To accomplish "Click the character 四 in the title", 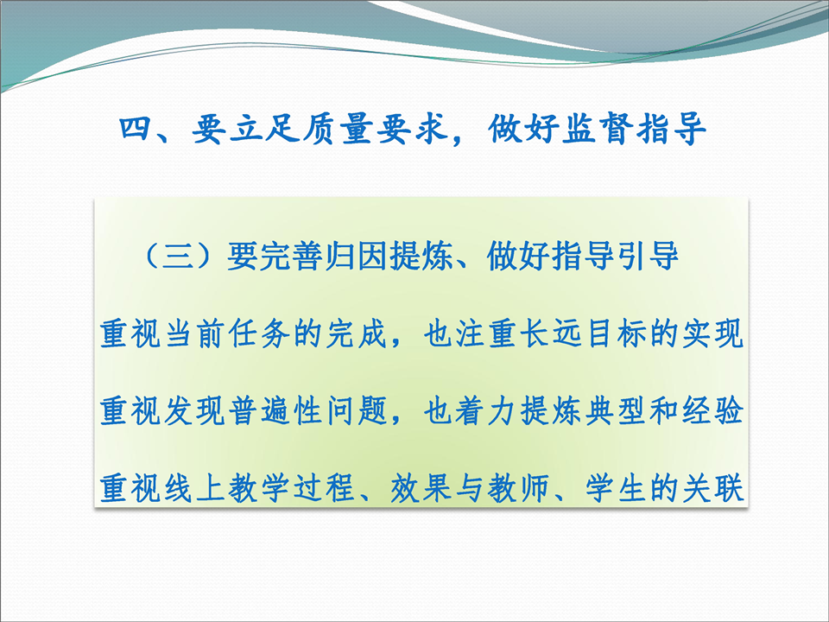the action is pyautogui.click(x=136, y=128).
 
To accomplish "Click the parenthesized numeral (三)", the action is pyautogui.click(x=178, y=256).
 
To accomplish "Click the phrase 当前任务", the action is pyautogui.click(x=228, y=333).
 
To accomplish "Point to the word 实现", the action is pyautogui.click(x=712, y=333).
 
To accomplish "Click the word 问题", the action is pyautogui.click(x=358, y=411).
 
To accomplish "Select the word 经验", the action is pyautogui.click(x=712, y=411).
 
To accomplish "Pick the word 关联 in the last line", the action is pyautogui.click(x=712, y=488).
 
